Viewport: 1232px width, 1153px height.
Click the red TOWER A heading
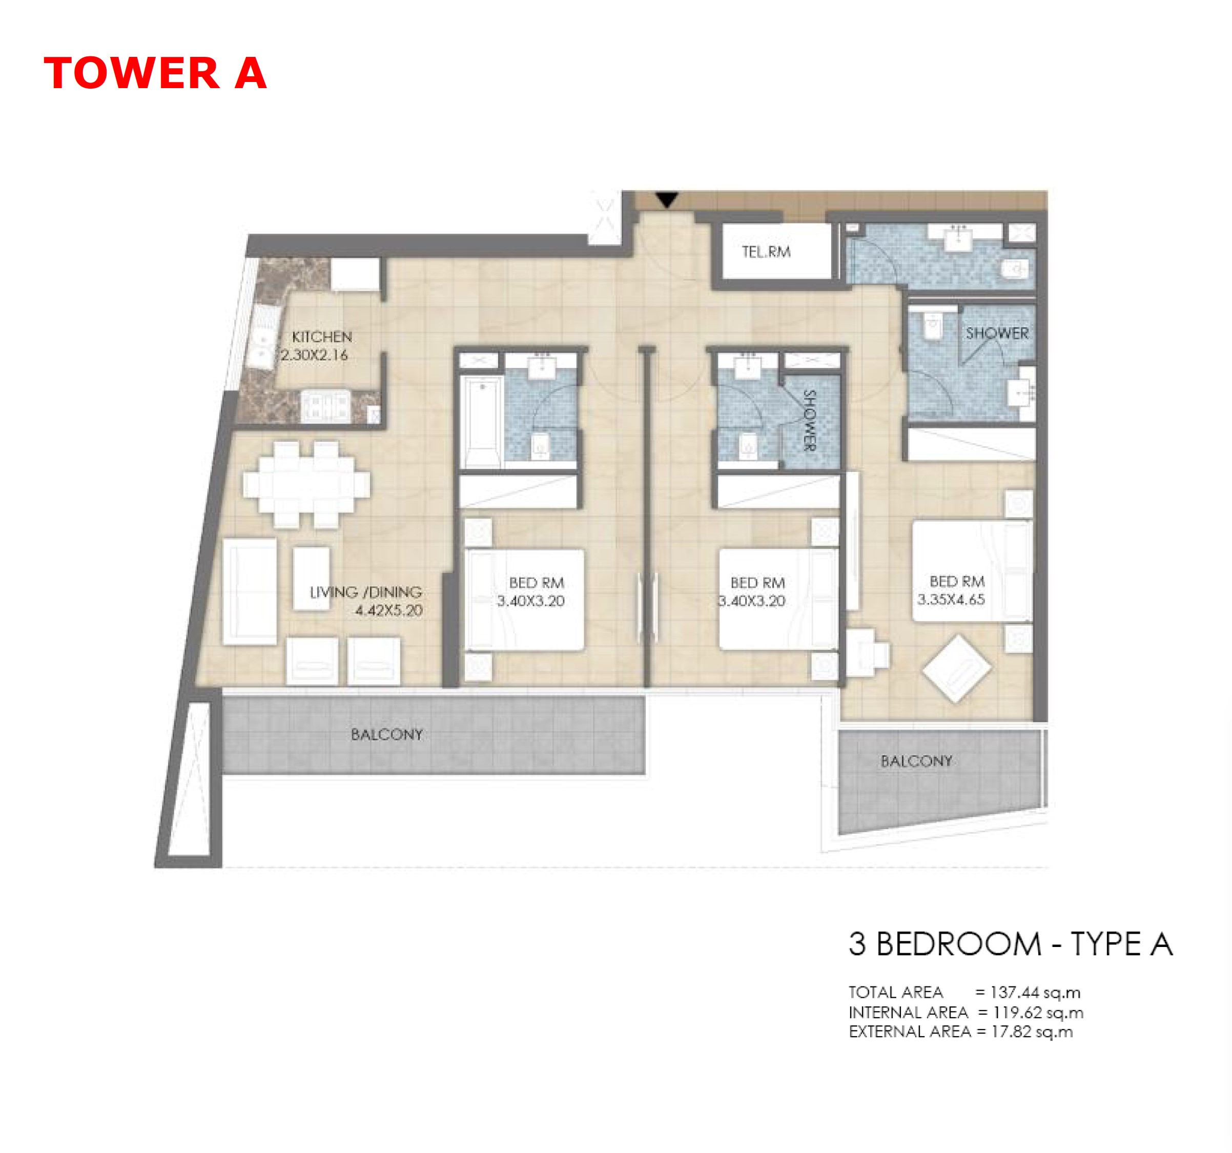tap(155, 73)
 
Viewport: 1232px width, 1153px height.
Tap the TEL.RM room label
tap(766, 252)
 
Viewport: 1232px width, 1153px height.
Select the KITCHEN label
tap(322, 337)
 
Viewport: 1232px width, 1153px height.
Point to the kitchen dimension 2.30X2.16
tap(315, 356)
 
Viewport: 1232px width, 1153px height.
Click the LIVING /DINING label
tap(365, 592)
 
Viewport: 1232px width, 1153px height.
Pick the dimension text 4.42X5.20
tap(388, 610)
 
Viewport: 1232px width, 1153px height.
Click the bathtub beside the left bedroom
tap(483, 424)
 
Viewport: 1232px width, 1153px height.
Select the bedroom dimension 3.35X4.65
tap(951, 599)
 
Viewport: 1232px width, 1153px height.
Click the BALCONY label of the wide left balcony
tap(387, 735)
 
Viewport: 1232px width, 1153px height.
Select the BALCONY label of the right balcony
tap(916, 761)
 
